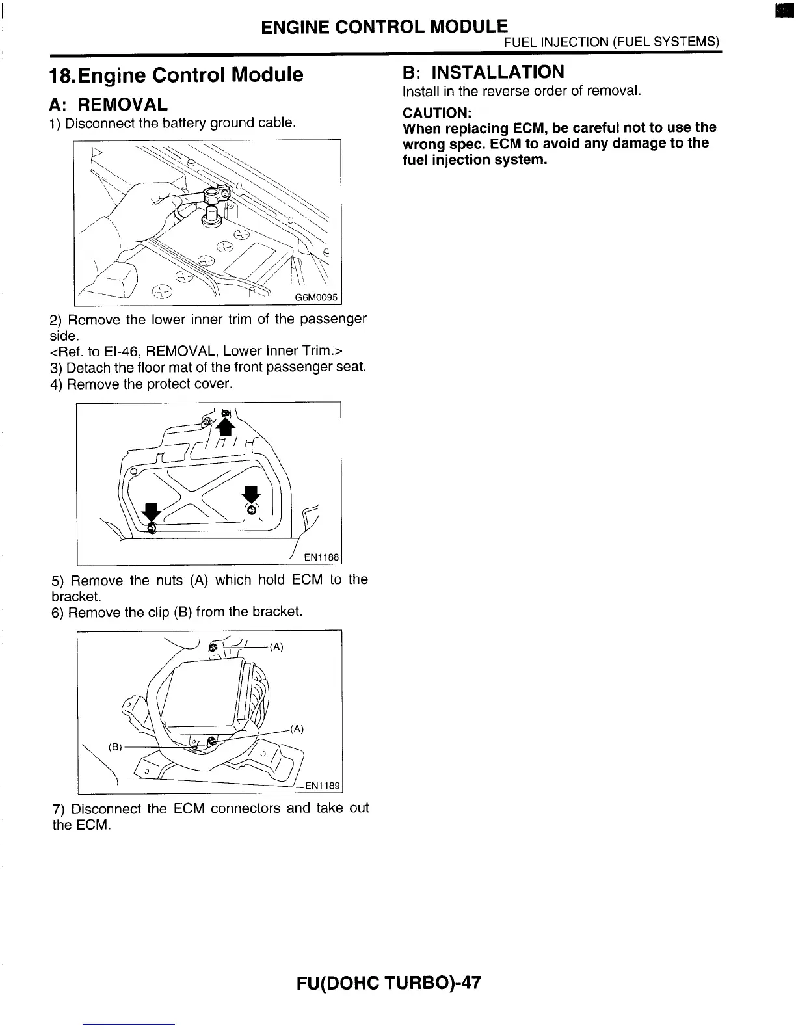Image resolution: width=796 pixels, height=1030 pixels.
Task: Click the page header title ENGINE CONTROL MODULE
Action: click(384, 27)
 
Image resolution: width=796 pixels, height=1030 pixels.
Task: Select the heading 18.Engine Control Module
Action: click(176, 75)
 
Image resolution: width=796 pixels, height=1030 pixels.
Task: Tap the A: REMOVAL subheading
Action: click(108, 104)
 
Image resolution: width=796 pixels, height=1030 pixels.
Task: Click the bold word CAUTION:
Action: click(432, 112)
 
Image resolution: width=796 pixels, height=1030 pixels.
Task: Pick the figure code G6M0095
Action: click(317, 298)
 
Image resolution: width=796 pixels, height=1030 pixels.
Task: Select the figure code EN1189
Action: click(323, 786)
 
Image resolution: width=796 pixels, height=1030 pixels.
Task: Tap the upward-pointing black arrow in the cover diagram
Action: click(226, 427)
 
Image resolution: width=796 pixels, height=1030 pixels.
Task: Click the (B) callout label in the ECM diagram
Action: click(115, 747)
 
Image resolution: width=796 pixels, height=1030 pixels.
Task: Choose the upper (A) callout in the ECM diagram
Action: click(277, 647)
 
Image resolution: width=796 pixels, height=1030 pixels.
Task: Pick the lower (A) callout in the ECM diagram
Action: click(297, 729)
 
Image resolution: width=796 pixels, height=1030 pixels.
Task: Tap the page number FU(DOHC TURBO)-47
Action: click(389, 983)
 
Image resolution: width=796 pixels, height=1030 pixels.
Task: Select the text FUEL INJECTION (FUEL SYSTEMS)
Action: click(612, 42)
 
